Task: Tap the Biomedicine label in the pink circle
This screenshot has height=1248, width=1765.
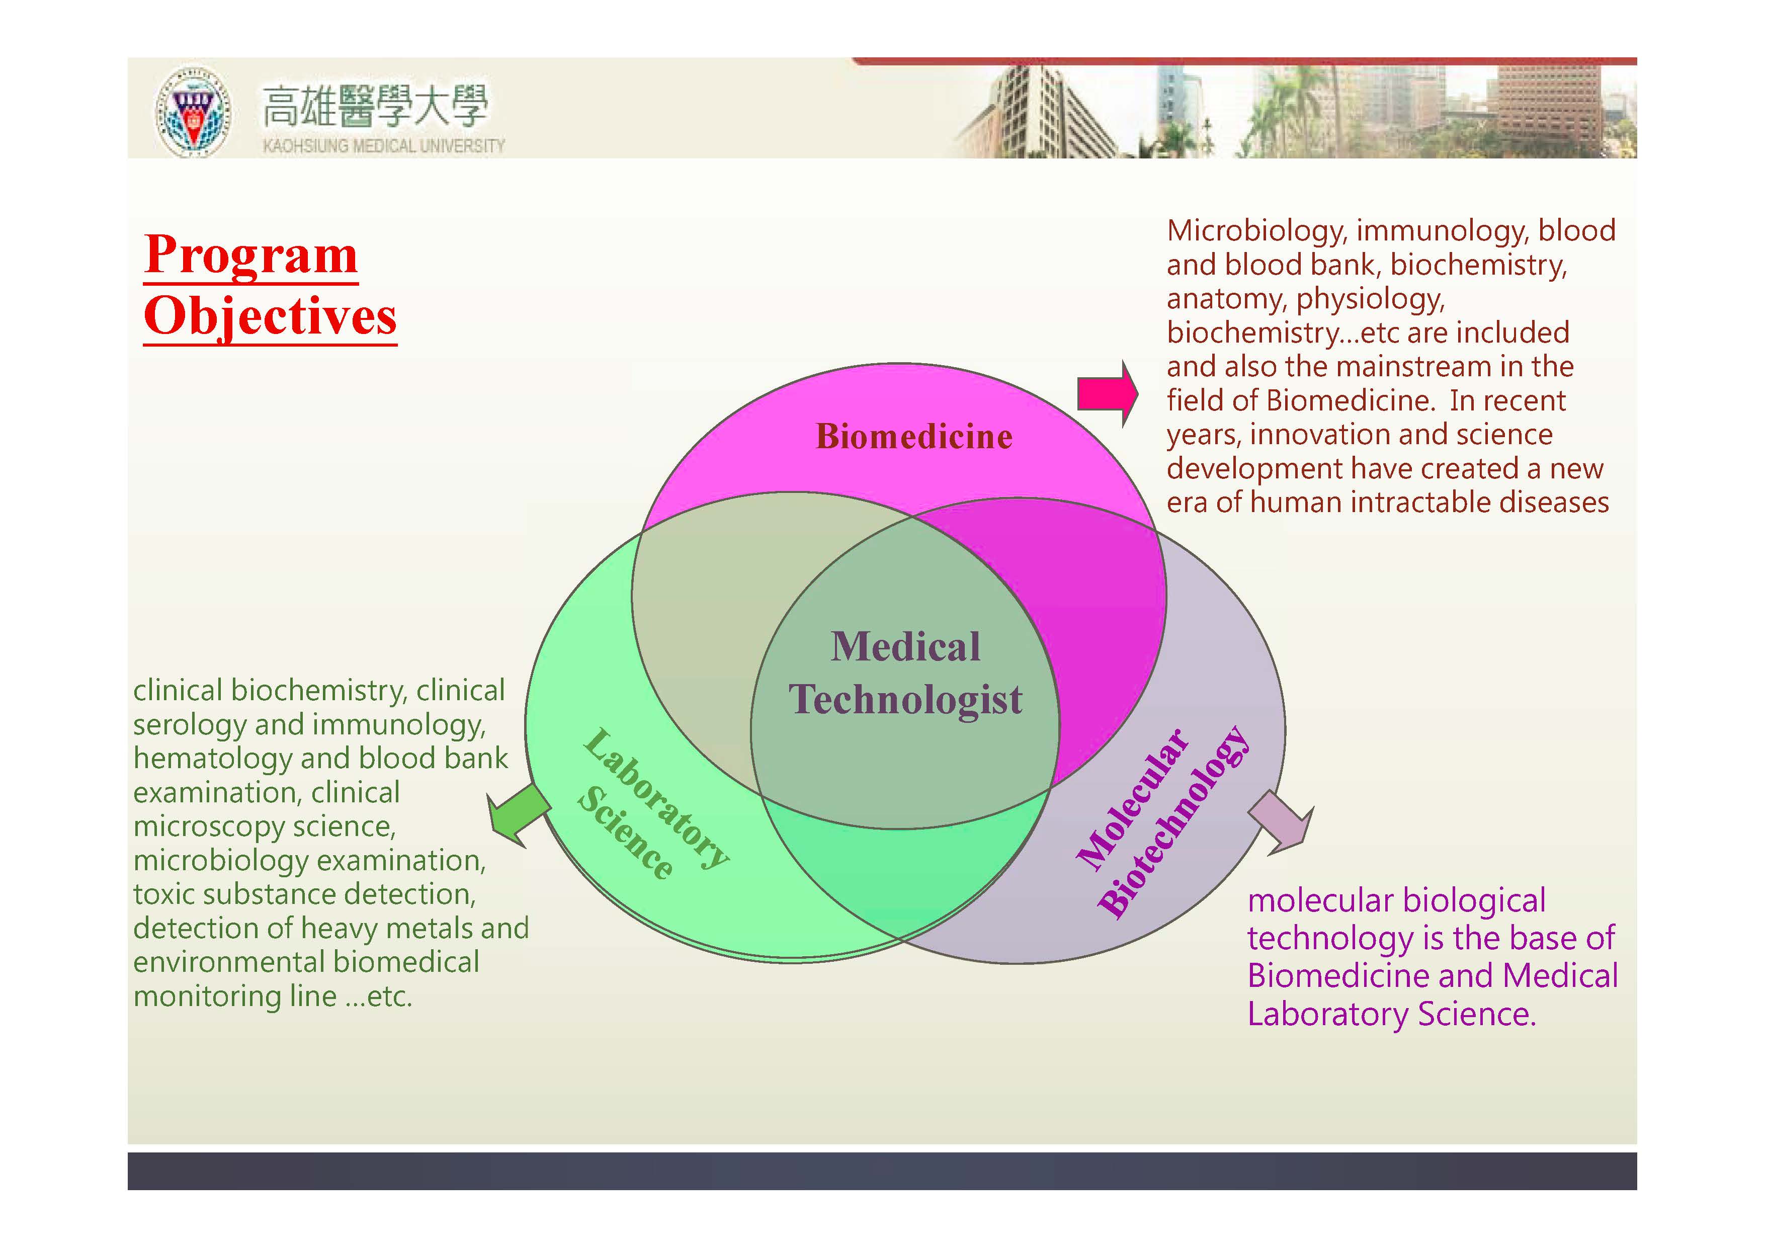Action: (x=914, y=437)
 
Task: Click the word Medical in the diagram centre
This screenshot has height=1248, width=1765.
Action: (x=905, y=646)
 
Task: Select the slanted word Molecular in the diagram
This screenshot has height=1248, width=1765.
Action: (x=1132, y=800)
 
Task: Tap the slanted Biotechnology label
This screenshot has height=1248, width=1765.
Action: (x=1173, y=821)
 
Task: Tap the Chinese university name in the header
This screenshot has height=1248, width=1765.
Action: (x=375, y=106)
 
